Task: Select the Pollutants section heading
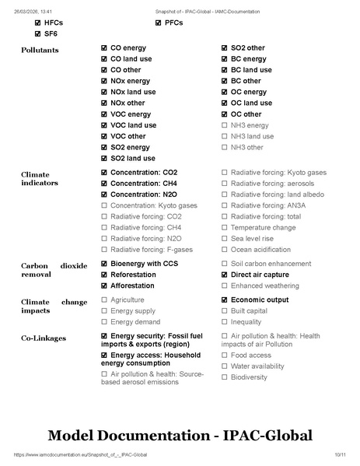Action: [39, 51]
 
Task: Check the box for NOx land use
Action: [104, 92]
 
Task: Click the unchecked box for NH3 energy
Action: [225, 125]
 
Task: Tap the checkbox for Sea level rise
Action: [225, 238]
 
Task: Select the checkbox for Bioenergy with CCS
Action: [104, 264]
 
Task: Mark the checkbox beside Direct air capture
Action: [225, 275]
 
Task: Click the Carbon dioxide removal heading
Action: [54, 269]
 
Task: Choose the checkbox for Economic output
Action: [225, 300]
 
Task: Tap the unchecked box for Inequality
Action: [225, 321]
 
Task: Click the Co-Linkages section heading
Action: [44, 338]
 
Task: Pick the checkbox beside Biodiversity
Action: [225, 377]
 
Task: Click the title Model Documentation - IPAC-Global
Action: [180, 433]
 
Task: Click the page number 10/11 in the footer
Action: [339, 454]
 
